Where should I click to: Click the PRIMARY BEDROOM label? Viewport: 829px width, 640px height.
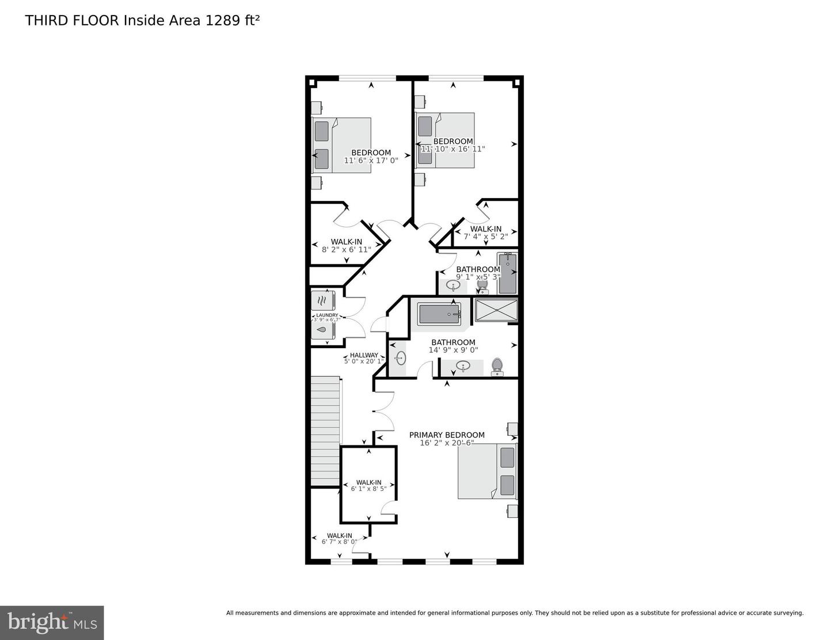point(447,435)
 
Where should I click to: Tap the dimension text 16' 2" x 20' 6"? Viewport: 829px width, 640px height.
point(447,443)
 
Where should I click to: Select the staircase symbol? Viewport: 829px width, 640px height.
point(325,432)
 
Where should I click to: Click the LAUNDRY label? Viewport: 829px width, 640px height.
point(327,315)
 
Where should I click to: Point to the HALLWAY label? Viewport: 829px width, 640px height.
point(364,355)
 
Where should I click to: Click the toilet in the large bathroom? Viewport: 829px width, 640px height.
point(497,366)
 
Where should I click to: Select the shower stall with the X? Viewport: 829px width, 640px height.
point(496,311)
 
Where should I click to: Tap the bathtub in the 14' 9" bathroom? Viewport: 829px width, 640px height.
point(439,315)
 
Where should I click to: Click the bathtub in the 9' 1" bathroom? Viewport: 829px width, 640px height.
point(508,273)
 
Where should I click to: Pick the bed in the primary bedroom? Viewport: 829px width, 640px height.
point(487,471)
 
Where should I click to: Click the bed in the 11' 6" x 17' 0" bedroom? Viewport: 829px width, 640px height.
point(342,145)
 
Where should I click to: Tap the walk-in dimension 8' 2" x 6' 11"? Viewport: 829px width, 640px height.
point(346,250)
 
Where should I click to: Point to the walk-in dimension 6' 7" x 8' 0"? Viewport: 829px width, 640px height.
point(339,542)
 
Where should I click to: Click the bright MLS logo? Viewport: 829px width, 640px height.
point(52,623)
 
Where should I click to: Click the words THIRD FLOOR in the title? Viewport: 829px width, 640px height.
point(72,21)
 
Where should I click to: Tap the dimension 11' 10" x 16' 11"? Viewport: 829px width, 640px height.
point(453,149)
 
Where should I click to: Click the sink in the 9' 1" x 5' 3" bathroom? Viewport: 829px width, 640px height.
point(453,284)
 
